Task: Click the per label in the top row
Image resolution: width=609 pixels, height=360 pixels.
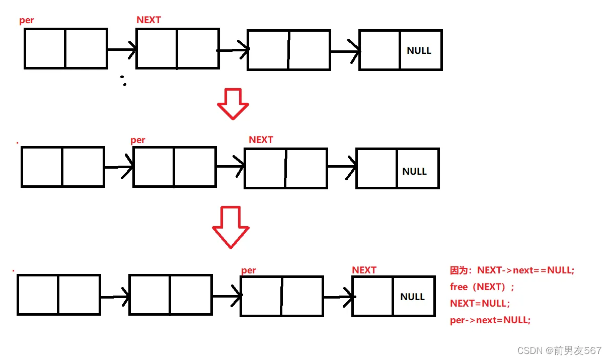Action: [x=27, y=21]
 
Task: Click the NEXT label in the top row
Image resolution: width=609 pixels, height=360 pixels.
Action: [x=148, y=20]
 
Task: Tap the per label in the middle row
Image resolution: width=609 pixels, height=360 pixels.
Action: [x=137, y=140]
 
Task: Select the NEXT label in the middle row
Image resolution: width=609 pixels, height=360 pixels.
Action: [x=261, y=139]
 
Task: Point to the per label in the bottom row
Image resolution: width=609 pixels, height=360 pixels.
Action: [x=248, y=270]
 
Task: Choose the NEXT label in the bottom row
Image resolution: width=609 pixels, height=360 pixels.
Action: [x=364, y=270]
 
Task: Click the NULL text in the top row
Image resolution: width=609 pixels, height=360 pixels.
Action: [x=419, y=50]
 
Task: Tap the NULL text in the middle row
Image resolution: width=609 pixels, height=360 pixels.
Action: [x=414, y=171]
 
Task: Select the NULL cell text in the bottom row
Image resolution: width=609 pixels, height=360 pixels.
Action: [x=412, y=297]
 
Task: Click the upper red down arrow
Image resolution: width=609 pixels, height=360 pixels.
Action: [x=233, y=104]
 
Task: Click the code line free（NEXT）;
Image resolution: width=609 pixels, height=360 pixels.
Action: [x=482, y=286]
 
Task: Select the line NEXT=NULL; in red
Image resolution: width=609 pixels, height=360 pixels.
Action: [x=480, y=303]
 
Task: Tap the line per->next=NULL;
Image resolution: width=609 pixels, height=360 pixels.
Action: [x=490, y=320]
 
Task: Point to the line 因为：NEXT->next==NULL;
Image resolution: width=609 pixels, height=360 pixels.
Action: [x=512, y=270]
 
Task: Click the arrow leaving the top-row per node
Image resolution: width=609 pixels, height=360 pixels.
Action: [x=122, y=49]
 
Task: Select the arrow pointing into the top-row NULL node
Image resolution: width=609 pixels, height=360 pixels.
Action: [x=345, y=51]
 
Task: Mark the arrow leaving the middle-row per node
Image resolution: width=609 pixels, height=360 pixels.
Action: [x=230, y=167]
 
